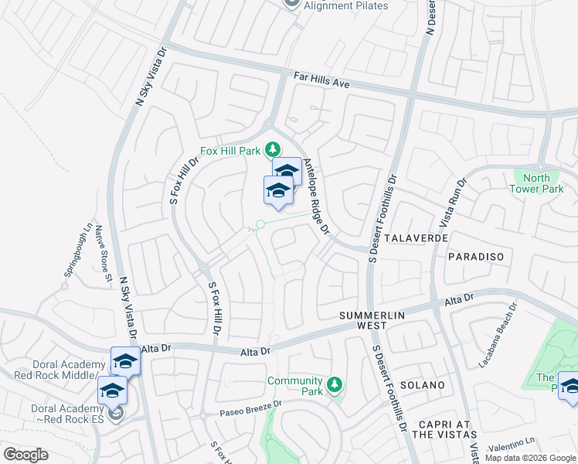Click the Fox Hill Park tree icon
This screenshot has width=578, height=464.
pos(272,148)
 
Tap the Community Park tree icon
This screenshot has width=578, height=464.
pos(334,384)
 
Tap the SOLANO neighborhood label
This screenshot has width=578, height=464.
pos(422,384)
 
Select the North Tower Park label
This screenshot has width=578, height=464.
pos(538,183)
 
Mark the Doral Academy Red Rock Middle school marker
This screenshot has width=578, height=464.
pos(125,361)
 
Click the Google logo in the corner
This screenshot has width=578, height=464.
pos(26,454)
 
